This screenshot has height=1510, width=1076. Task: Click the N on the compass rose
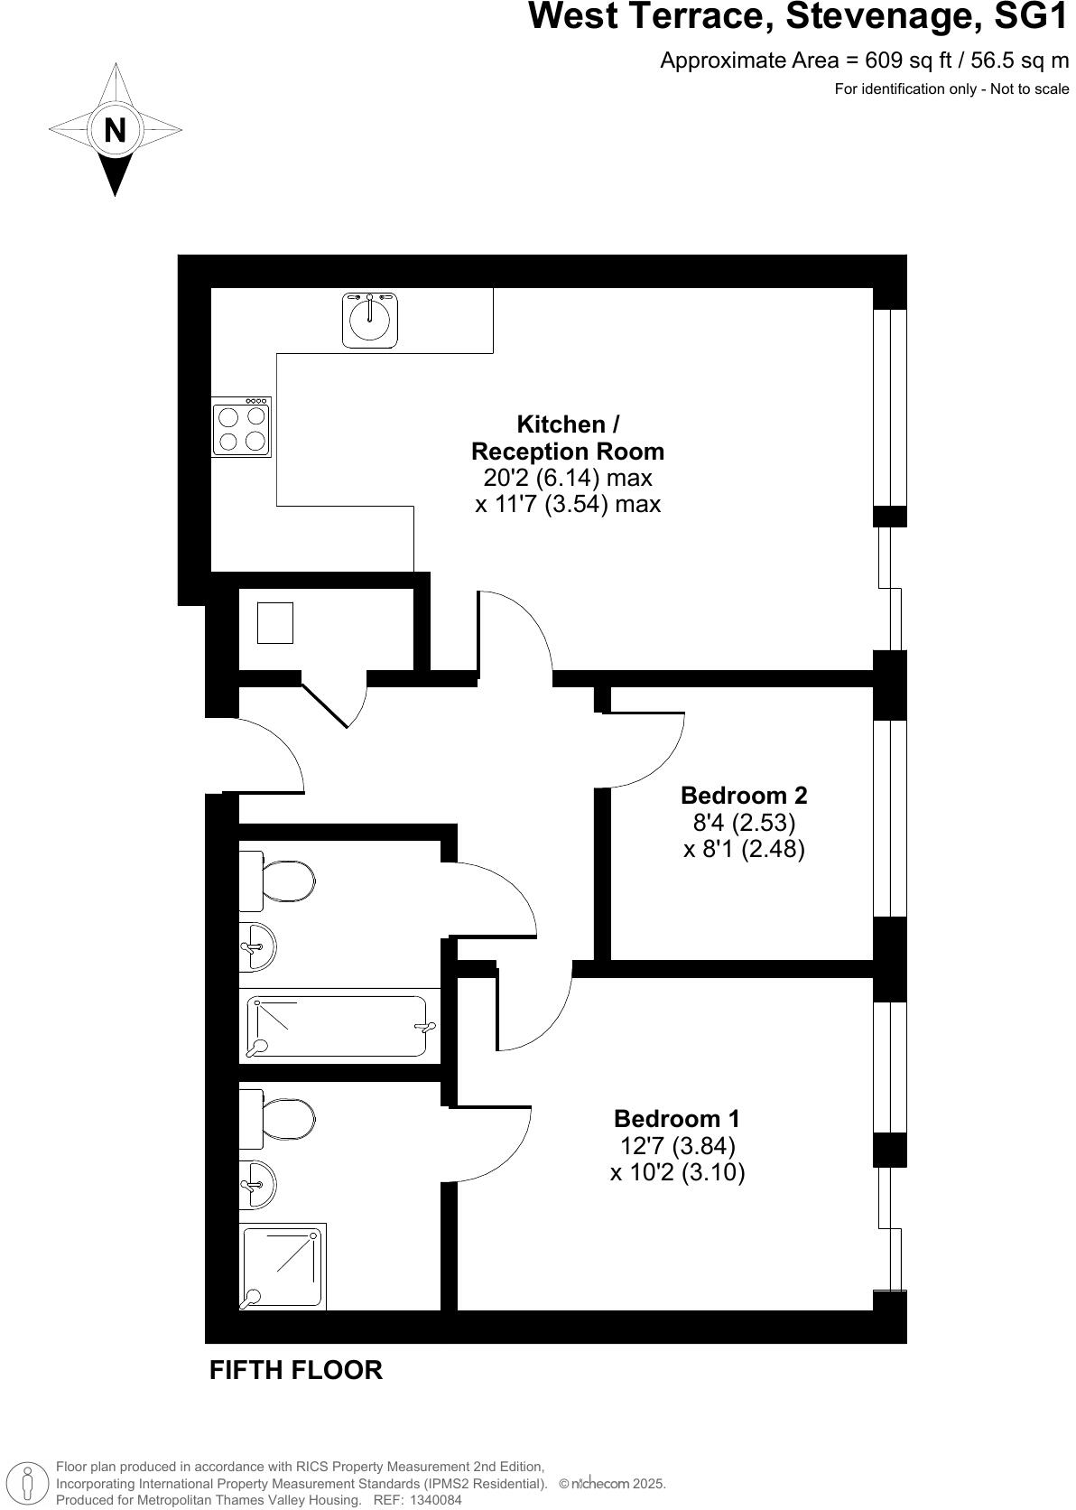115,130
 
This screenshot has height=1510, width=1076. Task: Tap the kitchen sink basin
369,319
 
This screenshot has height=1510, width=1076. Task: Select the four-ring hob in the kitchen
242,427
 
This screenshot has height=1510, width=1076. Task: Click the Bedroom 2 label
743,796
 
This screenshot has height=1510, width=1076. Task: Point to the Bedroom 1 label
676,1119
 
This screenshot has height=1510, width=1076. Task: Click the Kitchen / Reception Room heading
567,438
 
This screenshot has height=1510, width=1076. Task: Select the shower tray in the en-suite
283,1266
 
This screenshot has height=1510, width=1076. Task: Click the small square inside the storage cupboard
275,623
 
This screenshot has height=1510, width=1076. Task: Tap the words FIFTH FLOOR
295,1370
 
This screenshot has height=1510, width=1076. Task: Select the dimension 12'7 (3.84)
677,1146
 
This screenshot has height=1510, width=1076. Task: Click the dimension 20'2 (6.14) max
561,477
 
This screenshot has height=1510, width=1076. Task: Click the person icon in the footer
29,1483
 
